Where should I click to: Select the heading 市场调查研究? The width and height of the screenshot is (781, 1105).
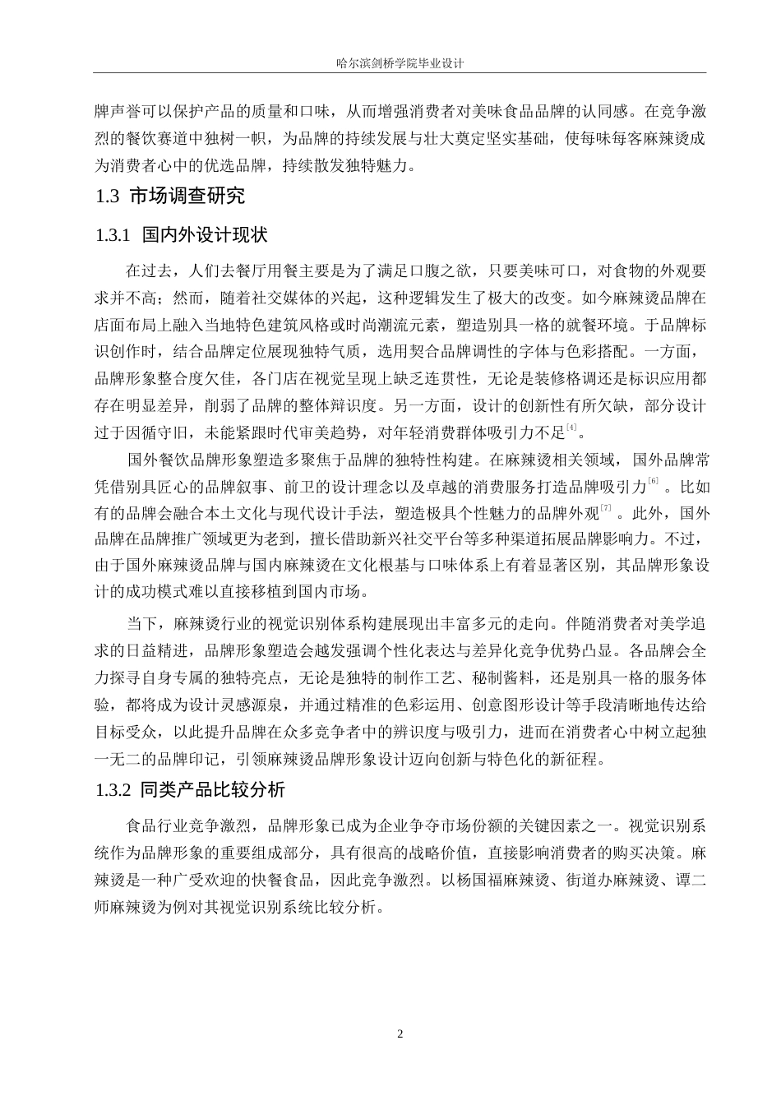[x=187, y=196]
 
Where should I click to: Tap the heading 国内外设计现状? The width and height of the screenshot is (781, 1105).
[x=205, y=234]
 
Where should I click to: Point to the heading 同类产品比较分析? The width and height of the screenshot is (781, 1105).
[x=213, y=790]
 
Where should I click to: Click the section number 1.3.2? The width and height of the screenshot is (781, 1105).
[x=113, y=790]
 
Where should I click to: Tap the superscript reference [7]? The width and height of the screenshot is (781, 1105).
[x=607, y=509]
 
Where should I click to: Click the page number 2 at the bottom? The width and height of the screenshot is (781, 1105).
[x=400, y=1033]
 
